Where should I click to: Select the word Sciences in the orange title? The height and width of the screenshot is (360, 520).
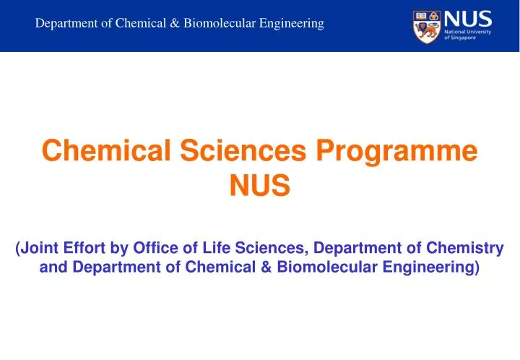[245, 152]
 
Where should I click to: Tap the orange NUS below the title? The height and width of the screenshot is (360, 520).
[260, 187]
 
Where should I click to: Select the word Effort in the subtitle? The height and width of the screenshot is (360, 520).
[82, 249]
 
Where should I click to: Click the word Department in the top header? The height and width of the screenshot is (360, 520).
[66, 23]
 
